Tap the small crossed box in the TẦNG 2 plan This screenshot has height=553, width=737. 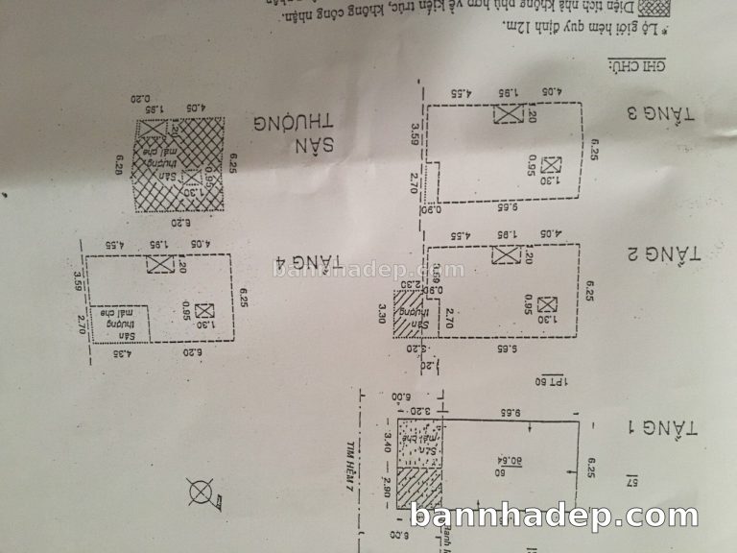click(547, 305)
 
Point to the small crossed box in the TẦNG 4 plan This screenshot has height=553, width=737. click(202, 311)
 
